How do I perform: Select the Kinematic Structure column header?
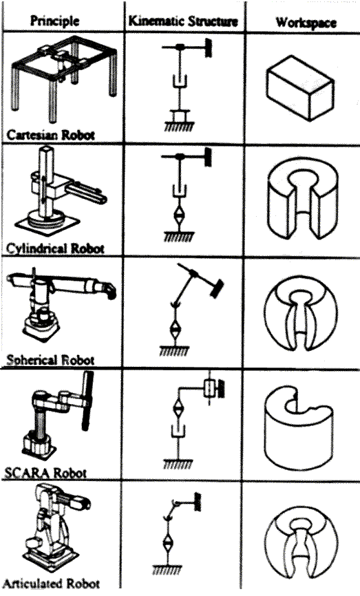click(x=183, y=21)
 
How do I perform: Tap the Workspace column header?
click(x=306, y=22)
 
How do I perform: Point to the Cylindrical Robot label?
click(x=55, y=248)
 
